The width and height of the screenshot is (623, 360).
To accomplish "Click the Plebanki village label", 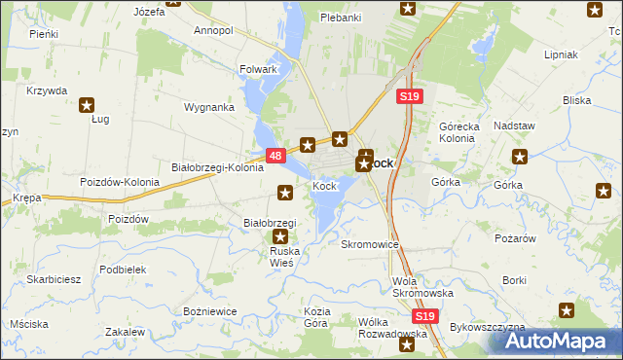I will tap(341, 18).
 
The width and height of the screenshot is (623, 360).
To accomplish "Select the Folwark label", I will tap(259, 70).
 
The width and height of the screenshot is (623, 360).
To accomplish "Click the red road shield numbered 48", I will tap(275, 156).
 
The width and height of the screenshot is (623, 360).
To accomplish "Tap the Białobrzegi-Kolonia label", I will tap(217, 167).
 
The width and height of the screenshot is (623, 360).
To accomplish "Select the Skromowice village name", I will tap(370, 244).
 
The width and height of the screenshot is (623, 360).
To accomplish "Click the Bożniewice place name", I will tap(210, 311).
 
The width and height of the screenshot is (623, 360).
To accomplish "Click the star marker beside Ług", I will tap(87, 105).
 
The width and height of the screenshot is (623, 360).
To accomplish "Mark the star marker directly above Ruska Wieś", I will tap(281, 235).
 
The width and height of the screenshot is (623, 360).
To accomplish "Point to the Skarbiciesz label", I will tap(54, 278).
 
